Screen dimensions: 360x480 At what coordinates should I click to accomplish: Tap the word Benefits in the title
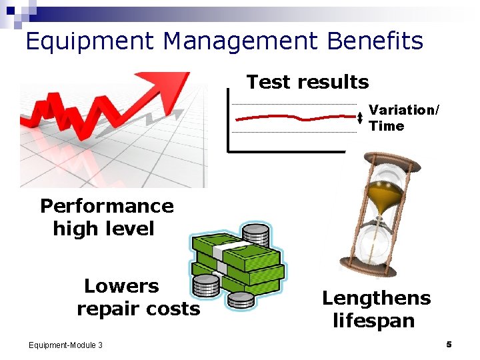(375, 41)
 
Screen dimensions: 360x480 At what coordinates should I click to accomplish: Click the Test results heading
(307, 82)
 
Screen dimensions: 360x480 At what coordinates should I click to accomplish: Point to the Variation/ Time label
(403, 117)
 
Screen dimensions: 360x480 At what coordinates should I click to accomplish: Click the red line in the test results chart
(293, 118)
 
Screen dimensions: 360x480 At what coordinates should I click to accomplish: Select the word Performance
(107, 206)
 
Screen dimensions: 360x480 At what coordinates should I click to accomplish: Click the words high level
(103, 229)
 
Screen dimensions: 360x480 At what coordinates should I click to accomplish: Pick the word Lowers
(121, 286)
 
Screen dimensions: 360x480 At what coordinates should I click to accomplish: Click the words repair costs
(138, 309)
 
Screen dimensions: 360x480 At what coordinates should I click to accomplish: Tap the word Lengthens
(376, 297)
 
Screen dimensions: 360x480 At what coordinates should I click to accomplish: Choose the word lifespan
(373, 321)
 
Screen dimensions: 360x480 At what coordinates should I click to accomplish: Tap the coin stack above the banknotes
(256, 235)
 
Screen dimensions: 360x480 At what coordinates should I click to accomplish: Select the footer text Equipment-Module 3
(65, 345)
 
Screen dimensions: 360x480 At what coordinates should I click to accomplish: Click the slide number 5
(449, 344)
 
